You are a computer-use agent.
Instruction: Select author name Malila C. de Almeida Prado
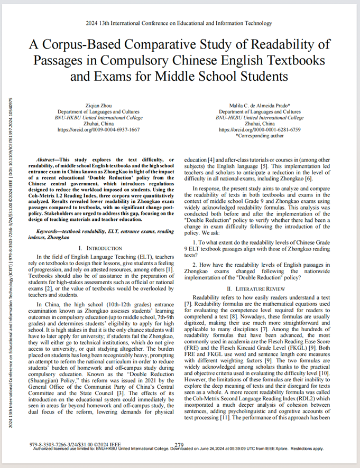coord(259,106)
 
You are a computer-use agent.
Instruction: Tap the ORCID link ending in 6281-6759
coord(259,129)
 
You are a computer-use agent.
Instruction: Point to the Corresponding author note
coord(259,135)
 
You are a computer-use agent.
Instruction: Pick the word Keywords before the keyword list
coord(49,231)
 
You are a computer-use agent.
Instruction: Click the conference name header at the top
coord(179,23)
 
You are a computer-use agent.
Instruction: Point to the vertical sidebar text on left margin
coord(12,232)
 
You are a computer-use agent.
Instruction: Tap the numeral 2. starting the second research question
coord(195,264)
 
